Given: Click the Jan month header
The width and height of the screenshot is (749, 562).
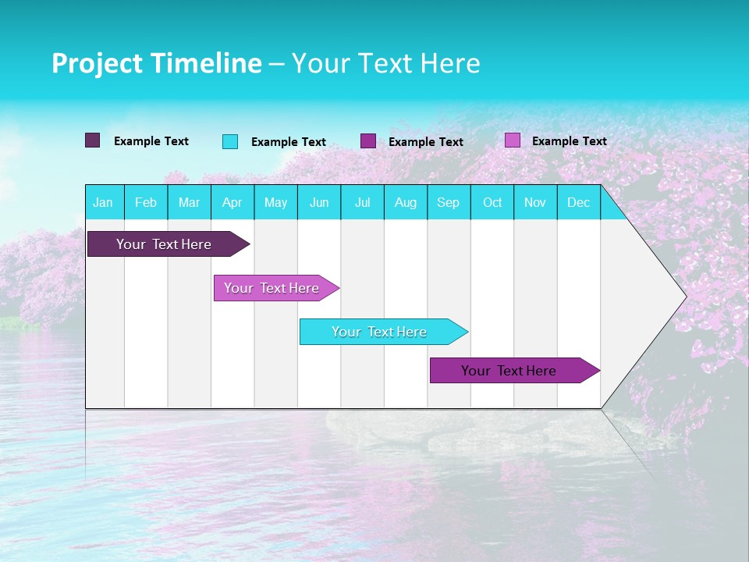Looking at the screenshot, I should [103, 203].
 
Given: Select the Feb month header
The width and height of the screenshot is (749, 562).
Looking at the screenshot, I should [146, 203].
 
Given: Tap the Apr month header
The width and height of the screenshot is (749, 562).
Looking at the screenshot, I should [233, 203].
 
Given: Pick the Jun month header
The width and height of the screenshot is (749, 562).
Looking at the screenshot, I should [319, 203].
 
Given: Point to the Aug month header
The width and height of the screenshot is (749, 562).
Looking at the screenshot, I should [406, 203].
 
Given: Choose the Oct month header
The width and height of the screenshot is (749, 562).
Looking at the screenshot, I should [492, 203].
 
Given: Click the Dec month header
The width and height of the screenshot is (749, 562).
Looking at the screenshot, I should [579, 203].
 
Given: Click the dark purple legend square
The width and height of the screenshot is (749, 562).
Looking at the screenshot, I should [93, 140].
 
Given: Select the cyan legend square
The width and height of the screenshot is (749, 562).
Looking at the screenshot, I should [230, 141].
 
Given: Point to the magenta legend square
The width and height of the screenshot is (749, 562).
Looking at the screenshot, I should [368, 141].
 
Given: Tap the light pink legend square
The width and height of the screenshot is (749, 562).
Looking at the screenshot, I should [513, 140].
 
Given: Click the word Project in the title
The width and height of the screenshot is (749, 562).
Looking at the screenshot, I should [94, 63].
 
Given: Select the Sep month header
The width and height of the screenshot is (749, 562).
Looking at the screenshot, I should [449, 203].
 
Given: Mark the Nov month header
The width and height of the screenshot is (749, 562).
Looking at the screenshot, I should [535, 203].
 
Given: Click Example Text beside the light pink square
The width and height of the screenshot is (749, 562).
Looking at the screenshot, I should [570, 141].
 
